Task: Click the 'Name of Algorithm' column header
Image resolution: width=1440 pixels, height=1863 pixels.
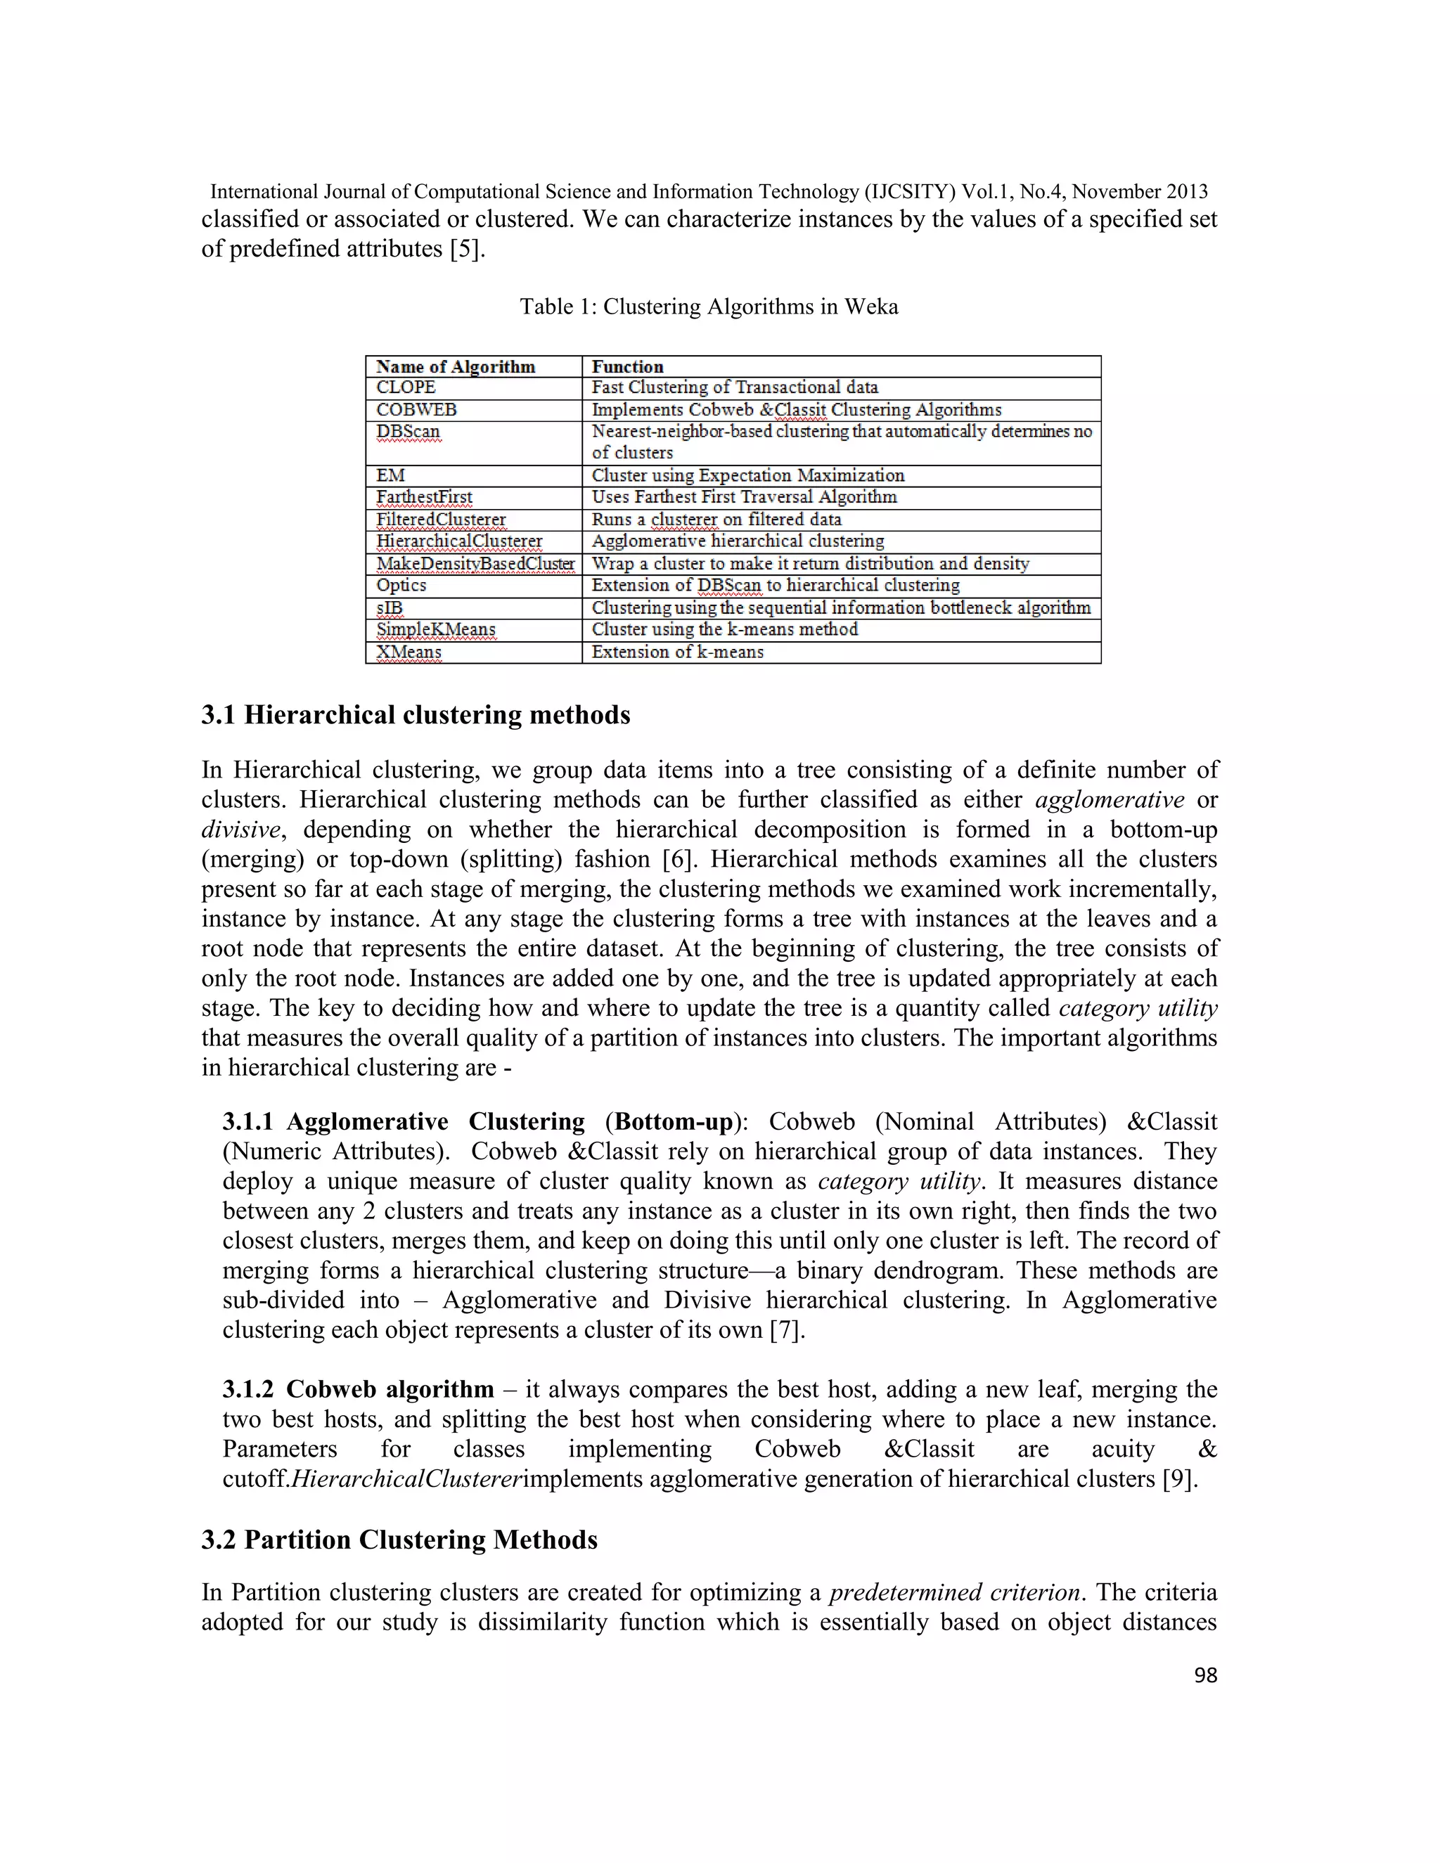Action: tap(456, 367)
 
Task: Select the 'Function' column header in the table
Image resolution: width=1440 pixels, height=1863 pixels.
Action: tap(627, 367)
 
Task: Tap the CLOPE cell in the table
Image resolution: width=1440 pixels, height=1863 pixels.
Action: tap(406, 387)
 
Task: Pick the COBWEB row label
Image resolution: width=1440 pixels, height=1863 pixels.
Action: tap(416, 409)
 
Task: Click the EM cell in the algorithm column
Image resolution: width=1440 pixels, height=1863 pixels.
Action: tap(391, 475)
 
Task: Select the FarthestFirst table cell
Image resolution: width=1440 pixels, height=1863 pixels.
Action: tap(424, 497)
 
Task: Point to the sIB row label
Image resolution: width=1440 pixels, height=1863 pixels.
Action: tap(390, 607)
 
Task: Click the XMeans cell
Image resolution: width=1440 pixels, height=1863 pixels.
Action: tap(409, 652)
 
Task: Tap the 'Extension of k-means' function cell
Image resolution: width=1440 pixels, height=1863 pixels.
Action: tap(677, 652)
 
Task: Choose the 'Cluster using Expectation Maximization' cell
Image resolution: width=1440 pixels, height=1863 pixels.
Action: tap(747, 475)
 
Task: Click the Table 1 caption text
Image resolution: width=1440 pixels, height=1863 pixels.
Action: tap(709, 307)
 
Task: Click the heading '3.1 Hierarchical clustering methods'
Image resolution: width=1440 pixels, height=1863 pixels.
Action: tap(416, 715)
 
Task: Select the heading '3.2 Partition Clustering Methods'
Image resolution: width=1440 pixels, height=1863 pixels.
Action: tap(399, 1540)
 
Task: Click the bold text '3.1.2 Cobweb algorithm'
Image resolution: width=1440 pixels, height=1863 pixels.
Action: tap(359, 1390)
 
